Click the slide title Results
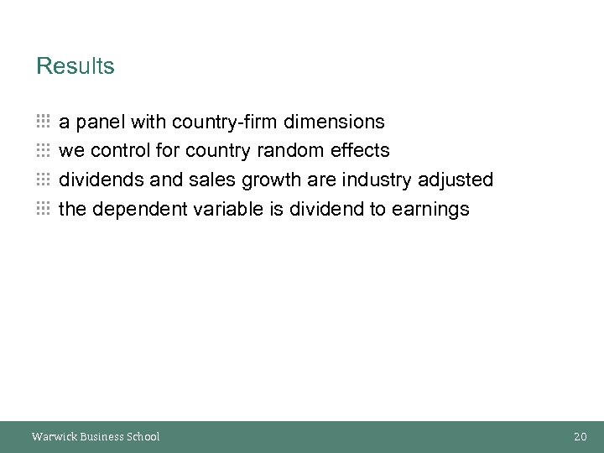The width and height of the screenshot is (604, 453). pos(75,66)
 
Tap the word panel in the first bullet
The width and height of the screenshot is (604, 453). pos(101,122)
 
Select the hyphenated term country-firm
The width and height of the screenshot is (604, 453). pos(226,122)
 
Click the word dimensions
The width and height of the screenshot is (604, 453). pos(335,122)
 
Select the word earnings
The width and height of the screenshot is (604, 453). pos(430,210)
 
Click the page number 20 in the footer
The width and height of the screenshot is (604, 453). pos(581,436)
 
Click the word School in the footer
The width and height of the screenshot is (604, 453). pos(143,436)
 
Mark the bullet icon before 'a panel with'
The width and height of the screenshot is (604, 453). pos(44,122)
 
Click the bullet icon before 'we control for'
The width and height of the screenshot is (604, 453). pos(44,151)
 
